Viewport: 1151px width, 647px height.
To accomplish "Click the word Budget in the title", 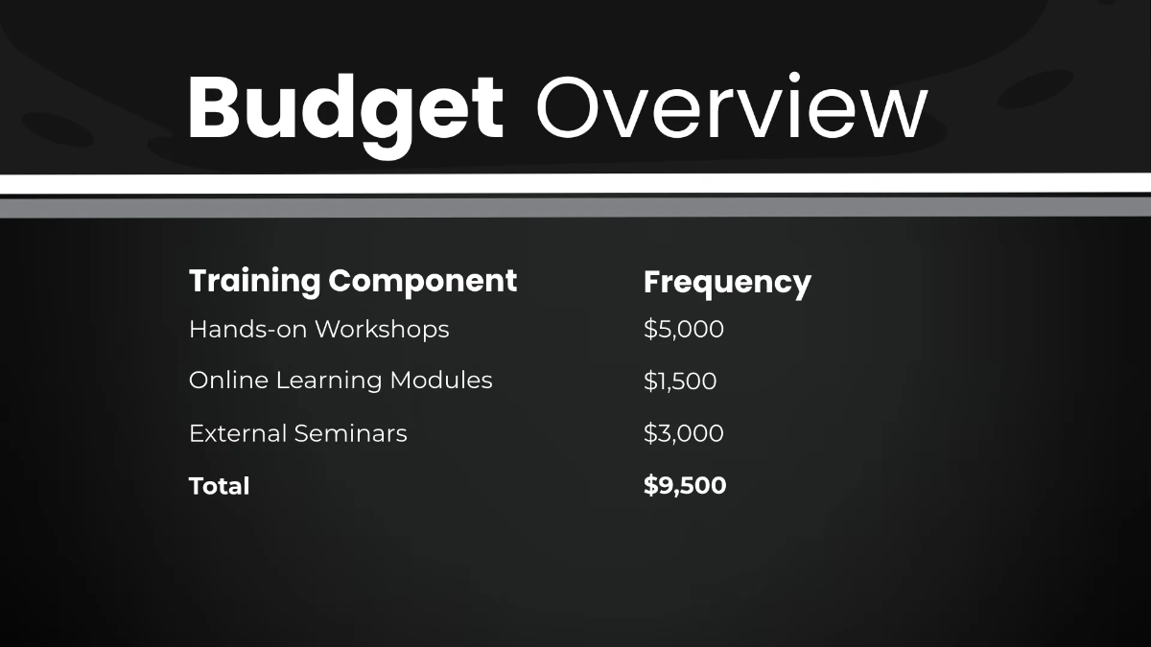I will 345,107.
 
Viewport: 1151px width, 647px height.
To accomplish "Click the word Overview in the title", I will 731,107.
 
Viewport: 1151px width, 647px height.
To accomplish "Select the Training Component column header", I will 353,281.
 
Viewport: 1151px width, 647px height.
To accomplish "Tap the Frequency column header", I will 727,283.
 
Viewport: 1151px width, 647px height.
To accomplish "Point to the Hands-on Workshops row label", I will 318,330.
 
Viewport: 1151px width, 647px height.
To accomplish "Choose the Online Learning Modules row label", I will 341,381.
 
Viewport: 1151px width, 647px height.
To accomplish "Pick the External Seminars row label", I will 297,434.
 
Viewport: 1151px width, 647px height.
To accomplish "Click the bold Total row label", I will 219,486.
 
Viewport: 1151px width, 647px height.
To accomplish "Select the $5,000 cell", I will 683,330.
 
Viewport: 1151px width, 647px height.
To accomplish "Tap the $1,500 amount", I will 680,381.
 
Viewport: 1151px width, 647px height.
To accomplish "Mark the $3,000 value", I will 683,433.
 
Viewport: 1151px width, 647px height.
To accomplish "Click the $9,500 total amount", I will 685,485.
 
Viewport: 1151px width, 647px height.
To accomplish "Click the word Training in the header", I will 254,282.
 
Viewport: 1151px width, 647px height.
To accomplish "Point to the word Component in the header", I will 423,282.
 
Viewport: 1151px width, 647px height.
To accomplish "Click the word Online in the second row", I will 228,381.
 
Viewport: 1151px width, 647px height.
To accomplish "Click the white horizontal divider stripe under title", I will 575,183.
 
